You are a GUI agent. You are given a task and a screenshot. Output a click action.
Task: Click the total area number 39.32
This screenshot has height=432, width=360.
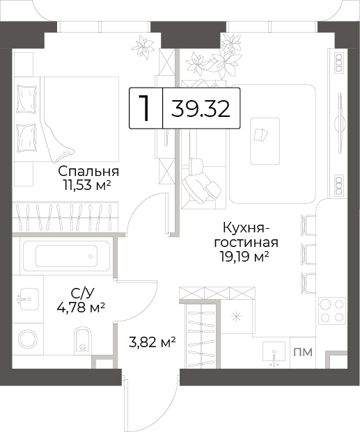(201, 109)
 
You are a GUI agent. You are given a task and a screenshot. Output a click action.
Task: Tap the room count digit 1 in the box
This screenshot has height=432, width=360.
(144, 108)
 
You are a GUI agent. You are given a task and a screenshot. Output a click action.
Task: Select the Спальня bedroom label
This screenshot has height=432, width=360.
(88, 172)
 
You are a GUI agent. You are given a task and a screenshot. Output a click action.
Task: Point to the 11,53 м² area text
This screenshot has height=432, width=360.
(87, 186)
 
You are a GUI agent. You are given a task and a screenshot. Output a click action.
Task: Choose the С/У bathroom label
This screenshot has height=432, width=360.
(82, 294)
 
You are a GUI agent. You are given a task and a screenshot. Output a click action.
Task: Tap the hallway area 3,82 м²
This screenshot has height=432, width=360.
(152, 343)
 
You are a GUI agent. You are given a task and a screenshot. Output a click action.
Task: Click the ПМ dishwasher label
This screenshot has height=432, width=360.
(303, 352)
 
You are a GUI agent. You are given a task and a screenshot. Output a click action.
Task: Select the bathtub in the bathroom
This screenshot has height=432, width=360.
(66, 256)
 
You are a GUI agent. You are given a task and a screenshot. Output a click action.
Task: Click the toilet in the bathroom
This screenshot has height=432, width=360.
(82, 340)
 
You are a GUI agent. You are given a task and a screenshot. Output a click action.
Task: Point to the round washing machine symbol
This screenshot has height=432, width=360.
(28, 339)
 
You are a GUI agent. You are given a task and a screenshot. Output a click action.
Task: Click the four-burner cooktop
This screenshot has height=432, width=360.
(332, 311)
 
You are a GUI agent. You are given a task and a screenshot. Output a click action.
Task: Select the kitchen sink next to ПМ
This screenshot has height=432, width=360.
(274, 354)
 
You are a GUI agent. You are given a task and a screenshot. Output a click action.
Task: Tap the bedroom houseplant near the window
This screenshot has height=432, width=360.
(142, 47)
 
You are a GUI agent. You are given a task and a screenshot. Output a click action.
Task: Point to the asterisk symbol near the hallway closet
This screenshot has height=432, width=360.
(236, 317)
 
